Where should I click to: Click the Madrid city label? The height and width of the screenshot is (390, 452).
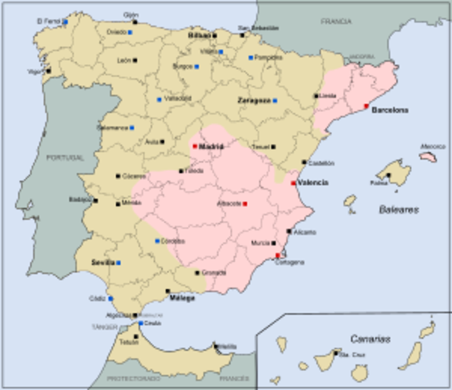point(211,146)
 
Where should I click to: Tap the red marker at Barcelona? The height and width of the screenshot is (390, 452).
point(366,106)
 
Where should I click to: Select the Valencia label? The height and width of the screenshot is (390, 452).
point(313,183)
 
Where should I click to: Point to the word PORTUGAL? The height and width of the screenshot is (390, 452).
point(65,157)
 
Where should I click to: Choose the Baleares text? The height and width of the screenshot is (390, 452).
point(398,209)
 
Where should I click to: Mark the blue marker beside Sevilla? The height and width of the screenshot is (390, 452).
point(119,263)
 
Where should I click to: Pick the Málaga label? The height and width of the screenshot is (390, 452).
point(182,298)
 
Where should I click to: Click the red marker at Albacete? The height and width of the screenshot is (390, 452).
point(245,203)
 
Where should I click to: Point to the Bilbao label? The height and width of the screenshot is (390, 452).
point(199,36)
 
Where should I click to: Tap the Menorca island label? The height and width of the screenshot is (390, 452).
point(432,146)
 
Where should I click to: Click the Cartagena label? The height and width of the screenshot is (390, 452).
point(289,262)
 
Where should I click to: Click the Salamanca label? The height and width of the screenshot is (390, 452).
point(112,128)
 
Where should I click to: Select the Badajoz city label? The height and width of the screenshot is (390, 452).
point(81,198)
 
